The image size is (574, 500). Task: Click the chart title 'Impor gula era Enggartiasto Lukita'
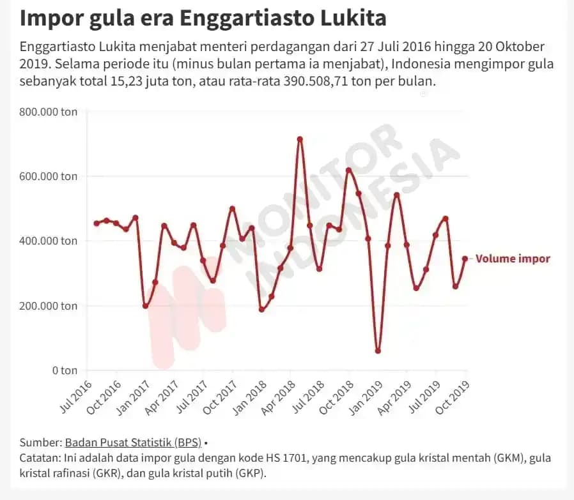click(203, 17)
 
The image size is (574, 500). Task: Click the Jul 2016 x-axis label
click(76, 397)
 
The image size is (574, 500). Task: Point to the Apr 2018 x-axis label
click(280, 397)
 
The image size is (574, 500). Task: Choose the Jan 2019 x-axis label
click(367, 397)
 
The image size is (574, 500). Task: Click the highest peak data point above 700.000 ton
click(300, 139)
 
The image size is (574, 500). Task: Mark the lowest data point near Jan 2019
click(378, 351)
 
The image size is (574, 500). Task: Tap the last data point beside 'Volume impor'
click(465, 259)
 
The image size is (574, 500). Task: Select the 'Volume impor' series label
click(513, 259)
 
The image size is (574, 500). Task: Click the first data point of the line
click(97, 223)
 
